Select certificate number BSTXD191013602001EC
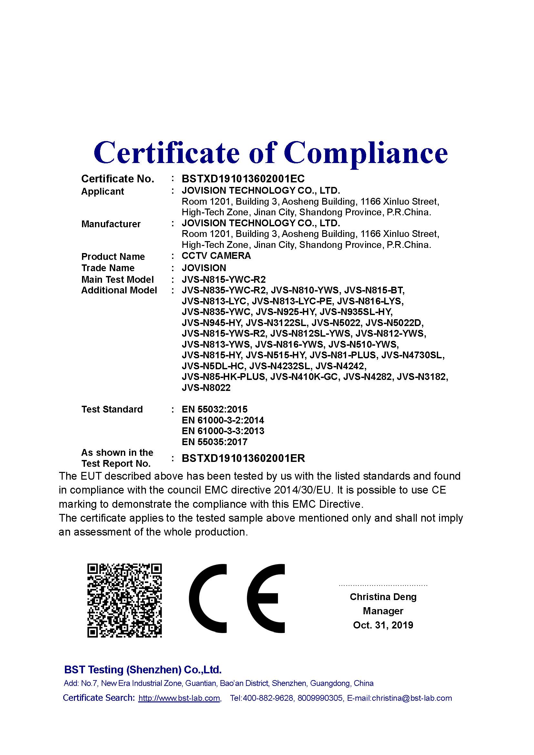point(243,179)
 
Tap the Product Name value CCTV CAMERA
point(216,256)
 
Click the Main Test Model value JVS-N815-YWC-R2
point(224,280)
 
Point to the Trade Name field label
point(108,268)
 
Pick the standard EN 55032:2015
point(214,409)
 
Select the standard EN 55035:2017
point(214,442)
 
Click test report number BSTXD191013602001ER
point(243,458)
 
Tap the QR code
point(125,600)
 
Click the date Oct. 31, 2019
point(383,625)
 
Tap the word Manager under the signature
point(383,611)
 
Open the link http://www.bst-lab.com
point(179,698)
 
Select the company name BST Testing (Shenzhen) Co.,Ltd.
point(143,670)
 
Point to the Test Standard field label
point(112,409)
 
